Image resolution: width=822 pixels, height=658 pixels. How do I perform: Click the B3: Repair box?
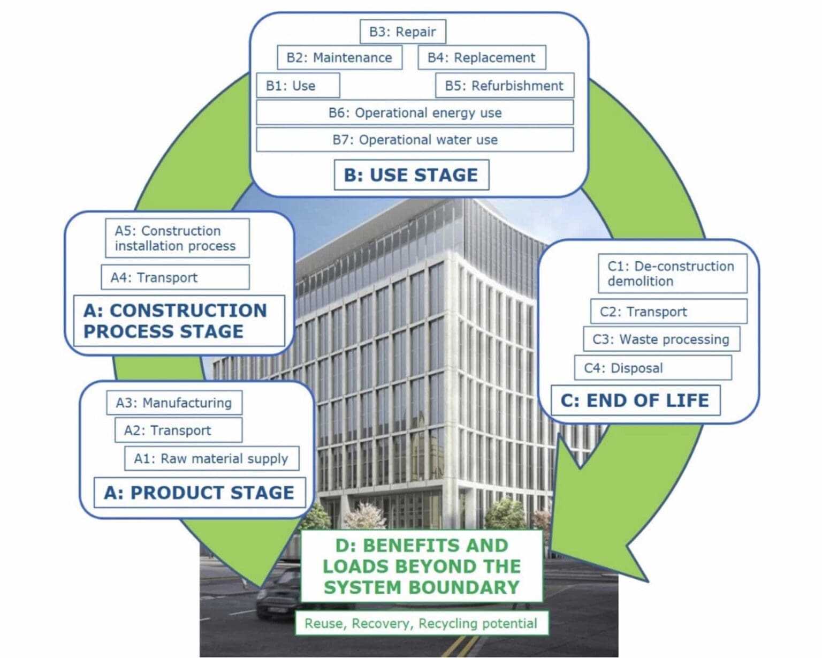(402, 32)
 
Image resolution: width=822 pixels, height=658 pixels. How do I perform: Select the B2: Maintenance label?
(339, 58)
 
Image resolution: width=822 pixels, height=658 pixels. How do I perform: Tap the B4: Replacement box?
(481, 58)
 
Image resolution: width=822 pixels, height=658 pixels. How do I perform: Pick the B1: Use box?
(298, 86)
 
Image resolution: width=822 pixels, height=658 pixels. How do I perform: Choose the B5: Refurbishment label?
(504, 86)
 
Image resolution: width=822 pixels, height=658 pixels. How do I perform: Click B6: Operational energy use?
(415, 113)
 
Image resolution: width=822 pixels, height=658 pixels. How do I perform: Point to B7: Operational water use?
(415, 140)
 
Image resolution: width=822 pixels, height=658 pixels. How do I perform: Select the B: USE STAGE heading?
(411, 175)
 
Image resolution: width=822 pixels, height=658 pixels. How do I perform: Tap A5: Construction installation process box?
(177, 238)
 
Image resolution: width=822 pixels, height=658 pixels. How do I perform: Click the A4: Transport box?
(175, 277)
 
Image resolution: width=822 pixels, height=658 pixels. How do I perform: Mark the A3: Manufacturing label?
(174, 403)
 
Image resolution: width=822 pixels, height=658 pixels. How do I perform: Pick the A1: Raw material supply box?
(211, 459)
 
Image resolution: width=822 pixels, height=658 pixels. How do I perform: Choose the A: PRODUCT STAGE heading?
(199, 493)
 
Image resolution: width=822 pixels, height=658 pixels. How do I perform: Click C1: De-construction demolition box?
(672, 274)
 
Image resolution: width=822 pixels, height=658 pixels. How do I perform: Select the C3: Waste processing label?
(661, 339)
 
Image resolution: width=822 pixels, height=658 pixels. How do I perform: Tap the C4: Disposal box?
(652, 368)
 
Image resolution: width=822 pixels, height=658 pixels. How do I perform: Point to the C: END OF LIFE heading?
(635, 400)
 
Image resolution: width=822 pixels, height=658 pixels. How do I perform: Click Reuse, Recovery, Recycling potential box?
(421, 624)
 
